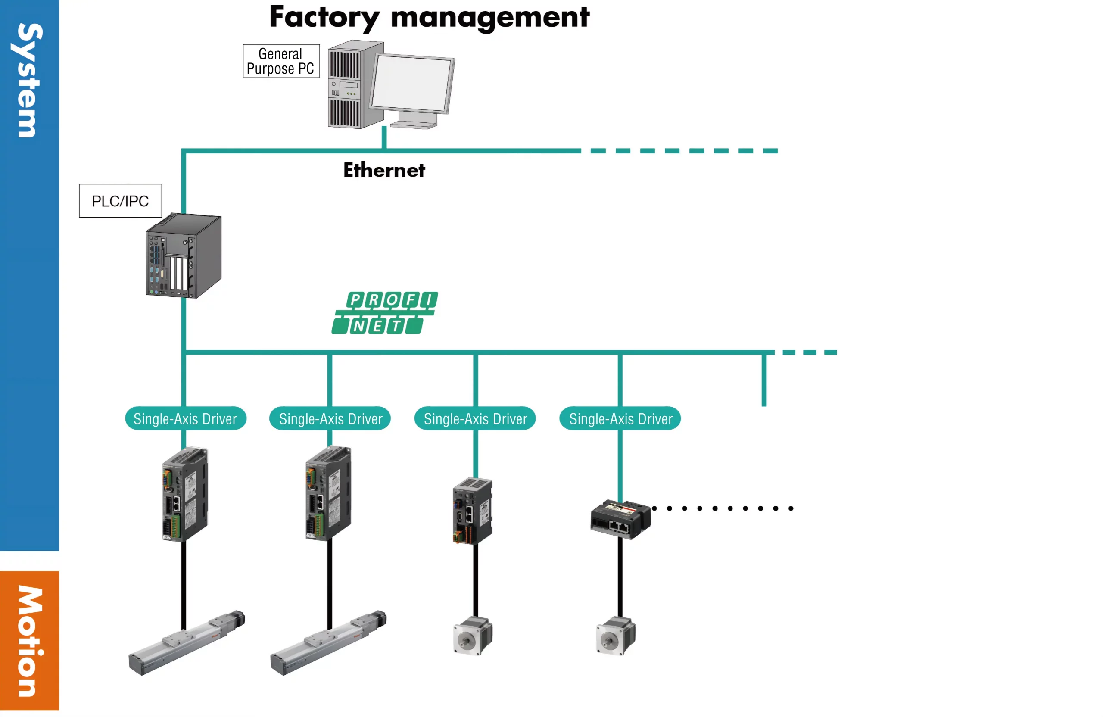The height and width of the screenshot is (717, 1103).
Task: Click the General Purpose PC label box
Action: (281, 61)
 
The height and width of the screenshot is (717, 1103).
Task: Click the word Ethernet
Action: (384, 170)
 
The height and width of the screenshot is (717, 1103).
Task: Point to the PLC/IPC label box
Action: (121, 201)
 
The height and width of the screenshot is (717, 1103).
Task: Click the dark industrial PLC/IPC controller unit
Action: (184, 256)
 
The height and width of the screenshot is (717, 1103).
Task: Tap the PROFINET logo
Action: (385, 313)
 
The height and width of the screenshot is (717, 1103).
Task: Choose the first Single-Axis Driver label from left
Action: (185, 418)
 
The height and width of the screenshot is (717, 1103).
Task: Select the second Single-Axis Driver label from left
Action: (330, 418)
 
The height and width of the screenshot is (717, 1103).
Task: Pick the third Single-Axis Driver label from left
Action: (475, 418)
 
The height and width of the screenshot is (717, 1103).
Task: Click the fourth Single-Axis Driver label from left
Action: (620, 418)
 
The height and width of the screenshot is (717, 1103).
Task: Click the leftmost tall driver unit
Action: (185, 494)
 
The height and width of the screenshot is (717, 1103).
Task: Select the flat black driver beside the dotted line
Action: (620, 519)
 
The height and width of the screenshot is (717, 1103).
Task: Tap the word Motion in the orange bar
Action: (29, 641)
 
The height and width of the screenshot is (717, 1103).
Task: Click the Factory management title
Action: (429, 18)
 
